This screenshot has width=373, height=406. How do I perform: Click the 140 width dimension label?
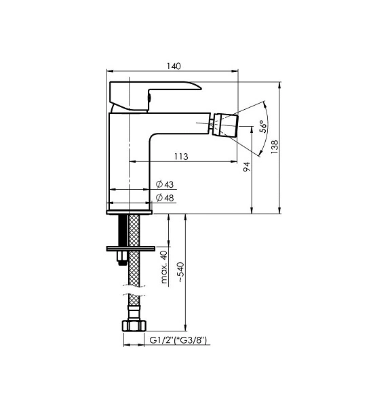174,66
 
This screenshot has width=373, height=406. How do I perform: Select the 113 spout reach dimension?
181,157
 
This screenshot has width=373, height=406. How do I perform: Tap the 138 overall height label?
275,147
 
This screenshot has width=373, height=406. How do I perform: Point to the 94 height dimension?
247,167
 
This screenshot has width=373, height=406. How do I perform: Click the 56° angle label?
263,127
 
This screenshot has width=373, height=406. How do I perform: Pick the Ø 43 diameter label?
165,184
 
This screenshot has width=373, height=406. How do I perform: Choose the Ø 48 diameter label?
165,198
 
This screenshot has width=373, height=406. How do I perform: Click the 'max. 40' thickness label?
164,267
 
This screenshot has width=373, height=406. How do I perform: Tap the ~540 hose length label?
180,272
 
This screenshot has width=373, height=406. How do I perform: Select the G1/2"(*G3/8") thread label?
178,340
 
